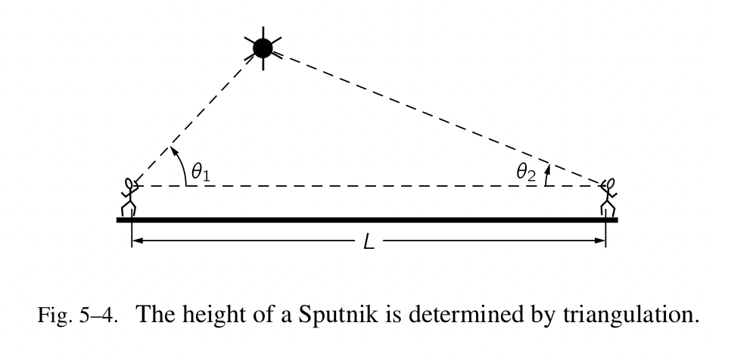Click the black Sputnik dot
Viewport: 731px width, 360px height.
tap(263, 49)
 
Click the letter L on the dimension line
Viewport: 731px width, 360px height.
tap(369, 244)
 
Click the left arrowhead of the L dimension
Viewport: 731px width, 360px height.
tap(136, 242)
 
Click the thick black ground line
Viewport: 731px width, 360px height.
tap(367, 220)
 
